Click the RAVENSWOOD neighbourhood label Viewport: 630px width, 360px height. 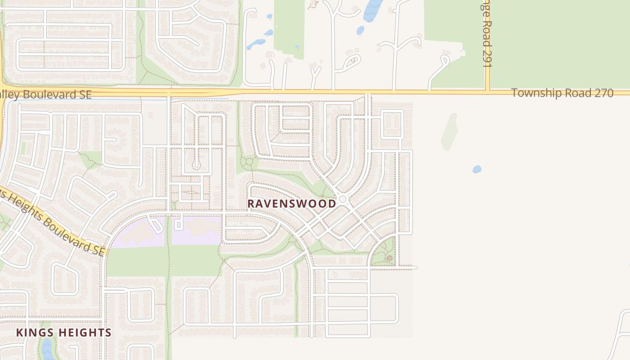pos(292,203)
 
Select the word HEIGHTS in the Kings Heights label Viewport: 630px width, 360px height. pos(85,333)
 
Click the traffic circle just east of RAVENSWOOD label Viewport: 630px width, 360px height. pos(343,199)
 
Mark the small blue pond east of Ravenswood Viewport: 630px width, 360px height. pos(477,169)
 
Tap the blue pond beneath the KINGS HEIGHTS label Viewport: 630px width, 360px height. pos(46,349)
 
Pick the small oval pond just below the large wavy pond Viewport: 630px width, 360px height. pos(360,30)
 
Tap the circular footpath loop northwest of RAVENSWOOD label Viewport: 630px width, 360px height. pos(246,162)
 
